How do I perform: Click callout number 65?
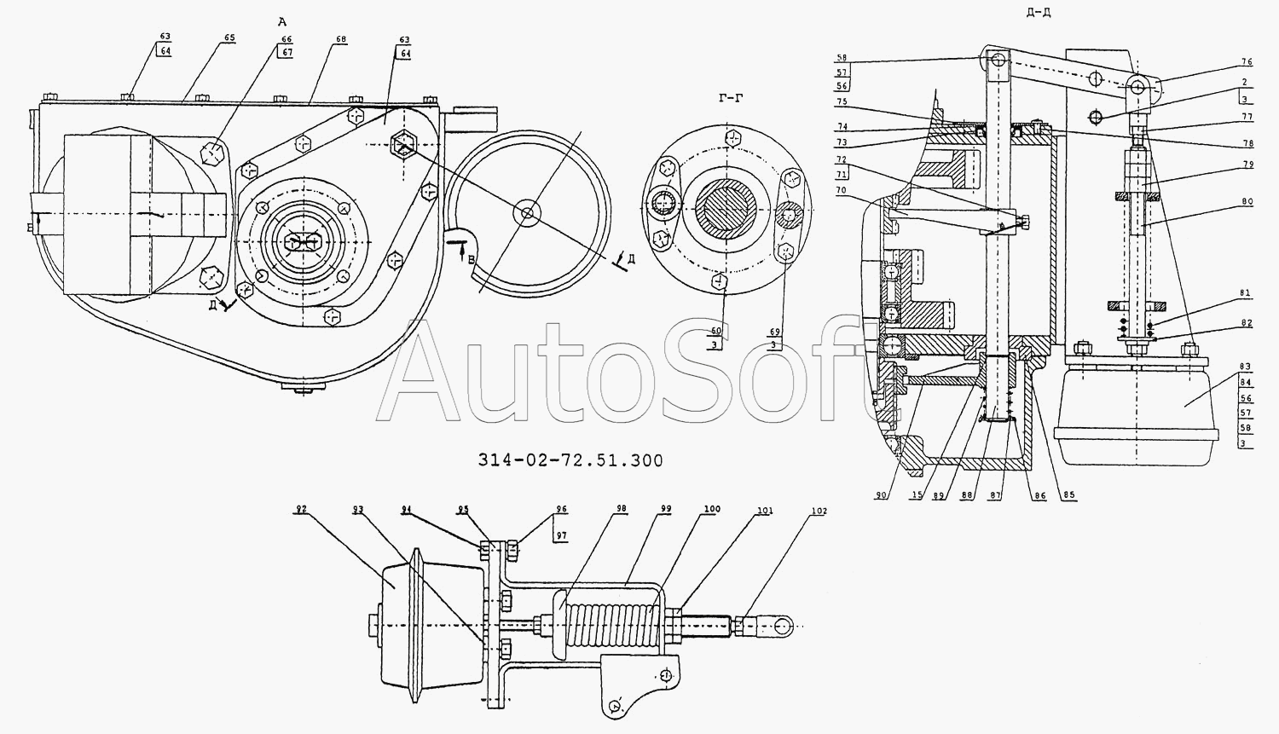205,38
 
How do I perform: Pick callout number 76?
1246,61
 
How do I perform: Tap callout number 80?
1246,202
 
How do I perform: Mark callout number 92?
300,510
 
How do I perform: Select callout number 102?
819,511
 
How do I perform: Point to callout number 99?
664,509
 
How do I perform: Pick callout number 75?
842,101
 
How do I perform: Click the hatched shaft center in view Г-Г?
726,209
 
